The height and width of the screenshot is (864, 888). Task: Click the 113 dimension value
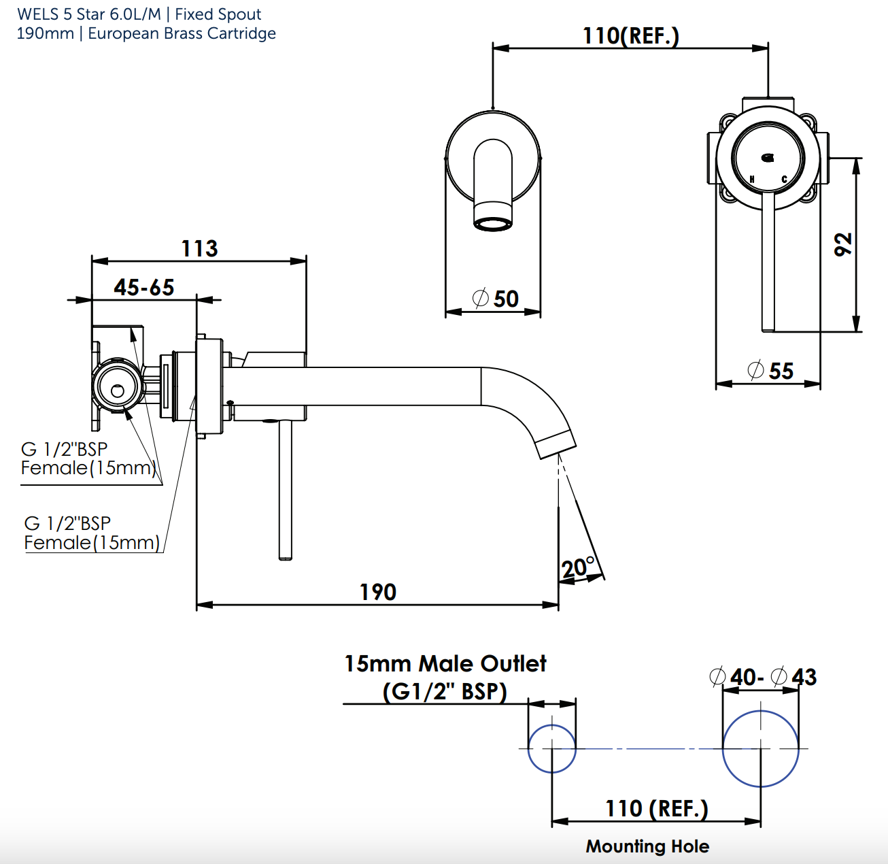coord(199,249)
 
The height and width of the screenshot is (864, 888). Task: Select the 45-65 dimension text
coord(144,288)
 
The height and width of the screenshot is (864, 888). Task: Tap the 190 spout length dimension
coord(378,593)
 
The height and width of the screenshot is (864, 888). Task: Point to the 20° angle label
coord(578,567)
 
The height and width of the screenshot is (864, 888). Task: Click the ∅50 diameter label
coord(496,299)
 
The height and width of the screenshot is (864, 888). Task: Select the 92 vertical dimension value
coord(843,244)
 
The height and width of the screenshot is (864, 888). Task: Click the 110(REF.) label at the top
coord(630,36)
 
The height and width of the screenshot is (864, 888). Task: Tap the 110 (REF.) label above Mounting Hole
coord(656,809)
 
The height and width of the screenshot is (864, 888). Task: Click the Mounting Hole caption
coord(647,846)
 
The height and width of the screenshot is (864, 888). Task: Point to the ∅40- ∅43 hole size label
coord(762,678)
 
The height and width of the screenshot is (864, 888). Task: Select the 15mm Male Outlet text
coord(445,664)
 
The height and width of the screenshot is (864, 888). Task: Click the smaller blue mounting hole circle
coord(552,748)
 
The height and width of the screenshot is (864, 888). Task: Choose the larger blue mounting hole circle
coord(760,748)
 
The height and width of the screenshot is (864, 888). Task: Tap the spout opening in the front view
coord(493,224)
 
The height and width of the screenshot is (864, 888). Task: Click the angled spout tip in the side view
coord(556,444)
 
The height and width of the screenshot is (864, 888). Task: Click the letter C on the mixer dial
coord(784,180)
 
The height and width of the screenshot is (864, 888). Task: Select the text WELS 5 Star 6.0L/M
coord(89,14)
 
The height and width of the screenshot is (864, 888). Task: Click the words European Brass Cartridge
coord(182,33)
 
